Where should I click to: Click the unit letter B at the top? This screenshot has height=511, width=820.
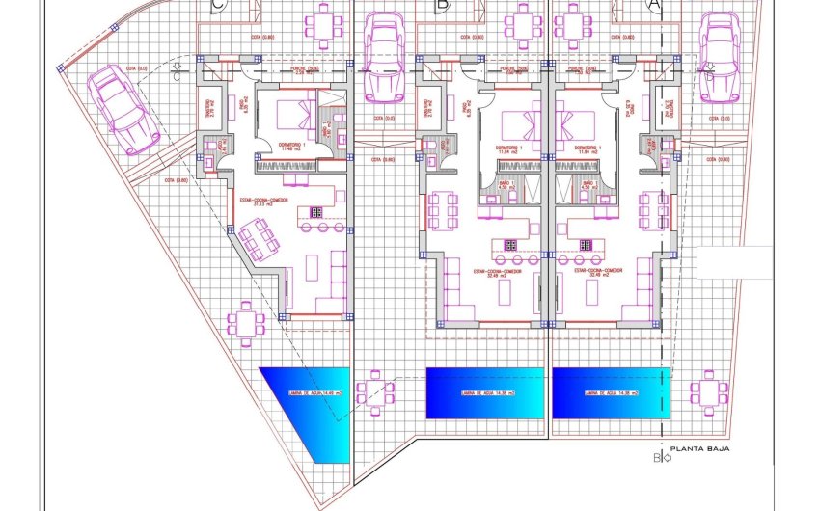click(x=442, y=5)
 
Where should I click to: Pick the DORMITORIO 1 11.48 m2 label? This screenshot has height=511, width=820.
click(x=291, y=148)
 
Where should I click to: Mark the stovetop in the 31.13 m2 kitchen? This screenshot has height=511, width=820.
click(x=314, y=211)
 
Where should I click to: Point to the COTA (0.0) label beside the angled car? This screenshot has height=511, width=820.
click(x=136, y=69)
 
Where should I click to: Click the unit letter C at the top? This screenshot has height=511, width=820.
click(x=221, y=5)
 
